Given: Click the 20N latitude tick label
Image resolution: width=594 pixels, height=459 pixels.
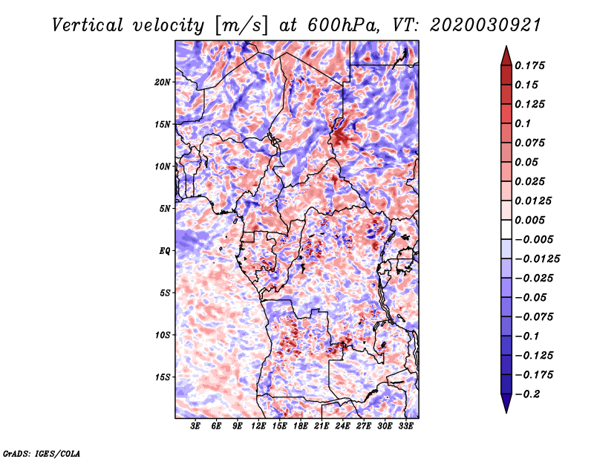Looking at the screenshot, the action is [163, 82].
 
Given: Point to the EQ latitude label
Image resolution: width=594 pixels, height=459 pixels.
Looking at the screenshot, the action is [165, 251].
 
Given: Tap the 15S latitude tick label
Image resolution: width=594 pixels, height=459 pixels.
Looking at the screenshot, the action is [163, 377].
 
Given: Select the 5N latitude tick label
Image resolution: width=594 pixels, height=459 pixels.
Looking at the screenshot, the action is [165, 209].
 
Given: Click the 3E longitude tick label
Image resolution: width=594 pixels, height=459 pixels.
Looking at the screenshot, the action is [195, 426].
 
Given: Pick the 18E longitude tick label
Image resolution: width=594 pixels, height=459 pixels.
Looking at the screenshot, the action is [301, 426].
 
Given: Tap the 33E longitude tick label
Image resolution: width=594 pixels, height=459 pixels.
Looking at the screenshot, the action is [405, 426].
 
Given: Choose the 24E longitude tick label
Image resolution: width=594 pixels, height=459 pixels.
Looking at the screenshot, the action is [342, 426].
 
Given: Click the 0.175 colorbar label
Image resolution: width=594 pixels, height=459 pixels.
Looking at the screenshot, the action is [529, 65].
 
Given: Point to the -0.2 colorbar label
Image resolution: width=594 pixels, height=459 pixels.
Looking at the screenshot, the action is [527, 394].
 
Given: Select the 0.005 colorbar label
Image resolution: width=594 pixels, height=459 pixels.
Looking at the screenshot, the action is [529, 220].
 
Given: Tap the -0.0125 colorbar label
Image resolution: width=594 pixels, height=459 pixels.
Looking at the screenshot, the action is [537, 259].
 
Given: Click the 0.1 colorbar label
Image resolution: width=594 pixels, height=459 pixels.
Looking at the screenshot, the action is [523, 123].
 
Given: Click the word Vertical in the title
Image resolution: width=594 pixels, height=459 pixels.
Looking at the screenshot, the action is [88, 25].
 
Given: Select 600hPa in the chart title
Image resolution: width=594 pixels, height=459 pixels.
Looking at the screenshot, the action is [343, 25].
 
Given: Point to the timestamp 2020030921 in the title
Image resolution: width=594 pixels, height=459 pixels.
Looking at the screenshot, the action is [486, 25].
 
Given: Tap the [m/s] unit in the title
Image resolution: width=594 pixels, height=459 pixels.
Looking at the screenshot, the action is [241, 26].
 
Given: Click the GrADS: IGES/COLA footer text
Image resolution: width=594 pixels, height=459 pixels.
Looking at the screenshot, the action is [42, 454].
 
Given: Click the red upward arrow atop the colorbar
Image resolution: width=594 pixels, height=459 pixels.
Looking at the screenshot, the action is [506, 56].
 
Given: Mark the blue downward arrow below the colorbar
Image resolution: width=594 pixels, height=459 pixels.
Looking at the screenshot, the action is [506, 403].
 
